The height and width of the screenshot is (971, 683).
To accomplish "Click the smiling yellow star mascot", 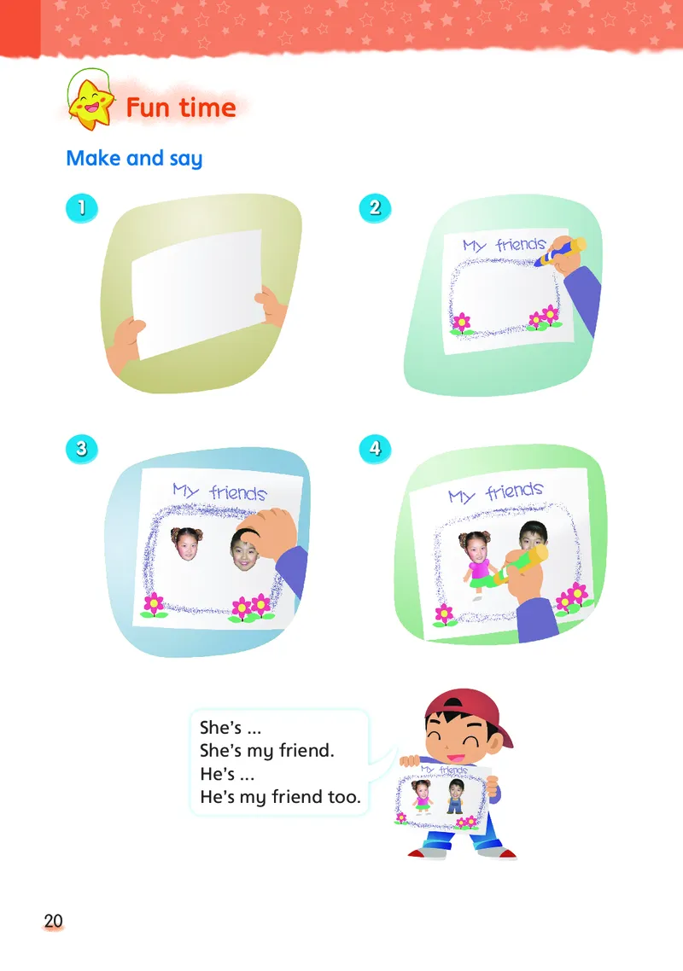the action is (x=91, y=104).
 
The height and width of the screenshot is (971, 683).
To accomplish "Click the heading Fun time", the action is (x=181, y=108).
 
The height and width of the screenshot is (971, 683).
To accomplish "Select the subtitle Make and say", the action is (x=135, y=159).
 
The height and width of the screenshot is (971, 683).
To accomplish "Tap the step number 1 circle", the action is (x=82, y=207).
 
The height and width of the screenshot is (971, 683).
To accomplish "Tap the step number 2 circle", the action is (x=375, y=207).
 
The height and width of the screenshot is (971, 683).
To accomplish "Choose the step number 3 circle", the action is (x=82, y=448).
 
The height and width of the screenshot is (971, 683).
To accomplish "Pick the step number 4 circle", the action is (x=375, y=448).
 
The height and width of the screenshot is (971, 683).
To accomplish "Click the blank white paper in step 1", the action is (x=198, y=293).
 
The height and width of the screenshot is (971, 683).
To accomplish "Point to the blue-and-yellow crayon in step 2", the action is (x=560, y=252).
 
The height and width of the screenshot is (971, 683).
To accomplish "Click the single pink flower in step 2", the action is (x=460, y=323).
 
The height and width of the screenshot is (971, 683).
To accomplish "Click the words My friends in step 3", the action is (x=220, y=492).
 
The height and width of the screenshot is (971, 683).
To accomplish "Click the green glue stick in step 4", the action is (x=519, y=566).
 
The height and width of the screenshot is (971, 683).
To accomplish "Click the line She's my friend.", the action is (x=266, y=751).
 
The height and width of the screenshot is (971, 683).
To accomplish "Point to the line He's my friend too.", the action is (x=280, y=798).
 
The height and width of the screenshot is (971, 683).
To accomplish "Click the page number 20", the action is (x=53, y=921).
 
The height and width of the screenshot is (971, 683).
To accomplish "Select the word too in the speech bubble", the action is (x=344, y=797).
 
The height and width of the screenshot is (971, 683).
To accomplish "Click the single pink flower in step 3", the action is (x=153, y=604).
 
